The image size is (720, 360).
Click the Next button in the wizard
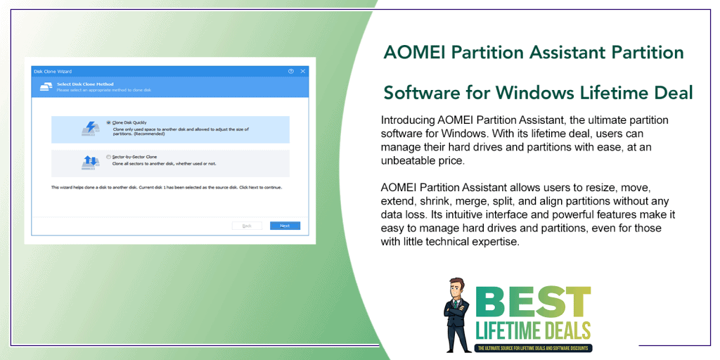click(x=285, y=226)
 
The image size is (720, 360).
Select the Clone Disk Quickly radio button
click(x=108, y=122)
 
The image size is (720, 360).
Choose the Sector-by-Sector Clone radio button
click(x=108, y=157)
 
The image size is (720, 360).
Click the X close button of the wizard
click(x=303, y=71)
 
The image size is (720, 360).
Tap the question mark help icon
click(x=291, y=71)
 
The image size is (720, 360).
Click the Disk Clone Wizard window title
click(x=53, y=71)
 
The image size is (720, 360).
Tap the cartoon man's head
click(x=458, y=288)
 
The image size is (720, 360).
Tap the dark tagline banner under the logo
click(x=534, y=348)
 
